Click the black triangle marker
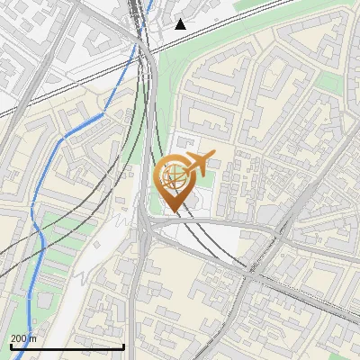pos(181,24)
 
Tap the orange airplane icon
pos(200,162)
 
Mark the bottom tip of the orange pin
pos(172,211)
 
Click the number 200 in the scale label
pos(19,338)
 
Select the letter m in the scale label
pos(34,338)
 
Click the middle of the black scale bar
pos(67,346)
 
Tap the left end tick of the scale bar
pos(11,346)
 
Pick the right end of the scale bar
pos(123,346)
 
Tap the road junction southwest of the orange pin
pos(144,225)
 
